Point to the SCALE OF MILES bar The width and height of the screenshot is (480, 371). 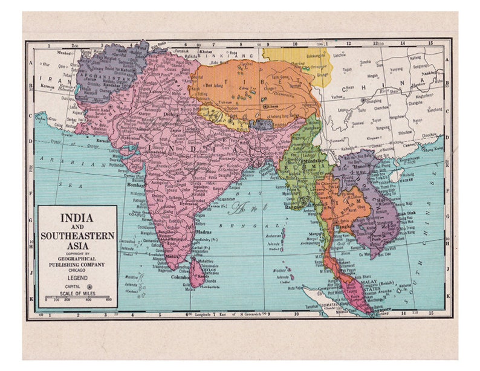click(x=77, y=297)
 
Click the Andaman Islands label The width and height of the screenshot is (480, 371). click(x=275, y=236)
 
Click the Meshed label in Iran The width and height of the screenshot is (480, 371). click(x=45, y=52)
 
